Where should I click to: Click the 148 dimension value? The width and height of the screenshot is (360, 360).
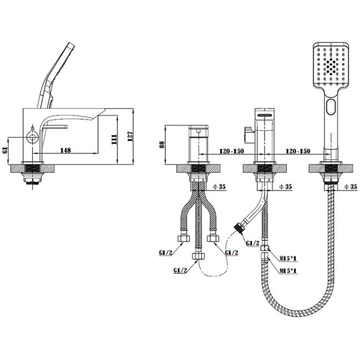[65, 150]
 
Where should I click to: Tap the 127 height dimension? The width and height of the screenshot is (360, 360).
[130, 137]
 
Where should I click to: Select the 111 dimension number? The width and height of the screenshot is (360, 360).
[114, 140]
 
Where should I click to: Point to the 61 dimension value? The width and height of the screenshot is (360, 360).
[5, 150]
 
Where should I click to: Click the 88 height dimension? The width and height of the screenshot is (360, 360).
[162, 145]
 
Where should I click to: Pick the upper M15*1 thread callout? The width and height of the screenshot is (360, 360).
[288, 259]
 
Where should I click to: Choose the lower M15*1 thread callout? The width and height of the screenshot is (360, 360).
[288, 271]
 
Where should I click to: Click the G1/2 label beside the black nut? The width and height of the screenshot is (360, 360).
[253, 243]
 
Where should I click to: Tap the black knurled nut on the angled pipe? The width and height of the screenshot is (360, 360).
[239, 228]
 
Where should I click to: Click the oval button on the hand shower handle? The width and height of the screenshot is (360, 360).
[331, 107]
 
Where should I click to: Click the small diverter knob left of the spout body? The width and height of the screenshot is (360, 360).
[249, 135]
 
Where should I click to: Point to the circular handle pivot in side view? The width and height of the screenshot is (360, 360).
[32, 138]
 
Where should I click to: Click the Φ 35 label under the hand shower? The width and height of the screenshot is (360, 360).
[351, 187]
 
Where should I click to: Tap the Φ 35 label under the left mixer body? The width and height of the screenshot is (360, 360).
[219, 187]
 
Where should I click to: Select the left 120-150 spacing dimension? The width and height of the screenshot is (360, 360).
[232, 151]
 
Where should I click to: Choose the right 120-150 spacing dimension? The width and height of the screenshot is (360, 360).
[298, 151]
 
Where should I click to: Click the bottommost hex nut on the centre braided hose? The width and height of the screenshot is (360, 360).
[198, 256]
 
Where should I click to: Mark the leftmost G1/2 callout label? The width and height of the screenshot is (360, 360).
[166, 253]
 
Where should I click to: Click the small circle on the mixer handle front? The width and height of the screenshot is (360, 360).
[199, 132]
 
